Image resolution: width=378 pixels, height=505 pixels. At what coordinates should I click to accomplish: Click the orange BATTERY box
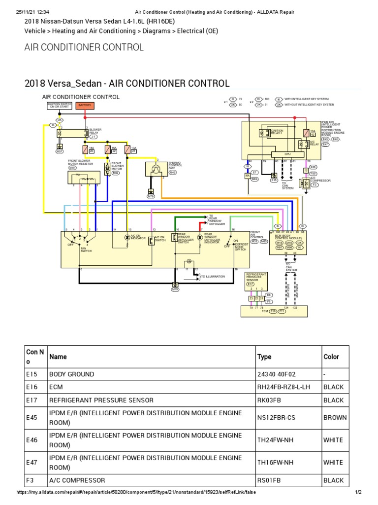click(x=85, y=106)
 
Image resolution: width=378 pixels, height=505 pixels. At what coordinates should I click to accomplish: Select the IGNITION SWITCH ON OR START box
click(x=60, y=106)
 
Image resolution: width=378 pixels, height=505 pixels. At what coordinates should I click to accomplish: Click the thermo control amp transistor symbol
click(x=156, y=169)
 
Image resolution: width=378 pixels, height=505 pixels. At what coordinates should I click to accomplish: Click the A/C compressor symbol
click(x=307, y=183)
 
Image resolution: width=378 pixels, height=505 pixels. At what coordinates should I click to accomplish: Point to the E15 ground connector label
click(x=274, y=180)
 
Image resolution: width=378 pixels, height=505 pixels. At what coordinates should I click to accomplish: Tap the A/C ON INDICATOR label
click(x=134, y=238)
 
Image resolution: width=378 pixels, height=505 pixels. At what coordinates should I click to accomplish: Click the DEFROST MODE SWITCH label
click(x=240, y=245)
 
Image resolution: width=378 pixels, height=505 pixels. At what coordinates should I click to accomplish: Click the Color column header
click(x=332, y=357)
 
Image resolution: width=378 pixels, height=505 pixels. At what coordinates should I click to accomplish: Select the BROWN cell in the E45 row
click(x=335, y=417)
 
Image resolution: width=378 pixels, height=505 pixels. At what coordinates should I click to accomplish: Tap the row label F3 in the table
click(x=31, y=480)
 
